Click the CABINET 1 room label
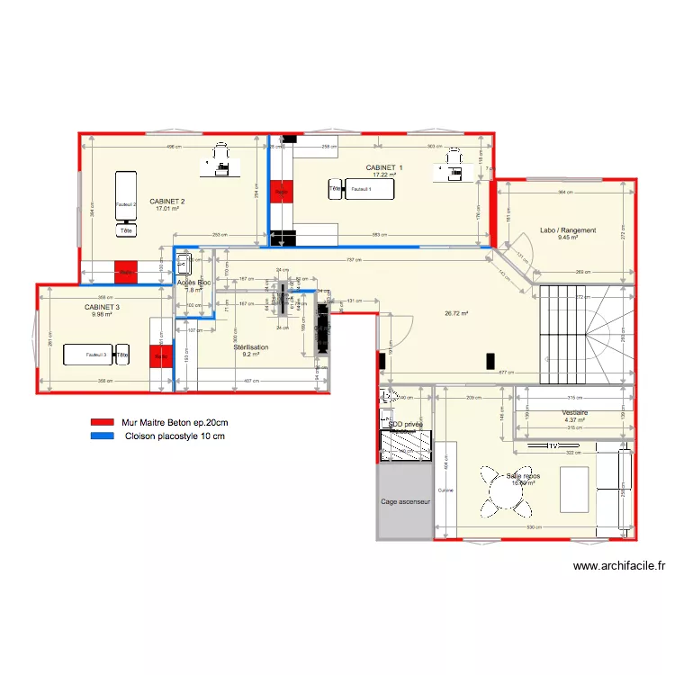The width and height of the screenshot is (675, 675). (x=384, y=167)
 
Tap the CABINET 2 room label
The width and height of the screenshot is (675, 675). (x=167, y=201)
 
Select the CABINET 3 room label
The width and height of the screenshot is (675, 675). (x=103, y=307)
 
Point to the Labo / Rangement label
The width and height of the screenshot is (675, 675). (x=567, y=230)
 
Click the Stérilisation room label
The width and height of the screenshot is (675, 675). (x=250, y=346)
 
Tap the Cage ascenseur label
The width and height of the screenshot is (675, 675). (x=404, y=502)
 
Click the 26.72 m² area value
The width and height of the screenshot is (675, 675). (x=457, y=314)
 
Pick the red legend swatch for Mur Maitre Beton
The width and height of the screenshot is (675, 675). (x=102, y=422)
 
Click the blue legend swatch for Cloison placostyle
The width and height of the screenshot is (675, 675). (x=102, y=436)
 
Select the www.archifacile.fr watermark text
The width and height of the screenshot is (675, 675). (x=619, y=566)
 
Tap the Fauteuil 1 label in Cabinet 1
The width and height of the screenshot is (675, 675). (x=361, y=190)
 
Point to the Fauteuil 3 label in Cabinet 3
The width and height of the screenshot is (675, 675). (x=96, y=355)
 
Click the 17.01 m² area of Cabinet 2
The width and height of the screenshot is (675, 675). (x=167, y=209)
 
